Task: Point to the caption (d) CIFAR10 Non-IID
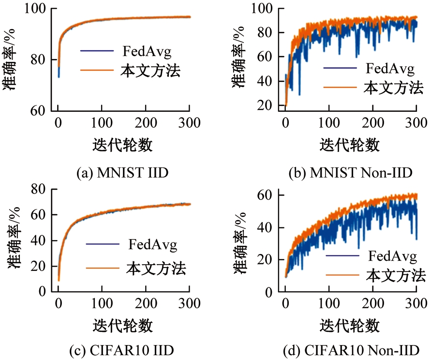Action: point(350,350)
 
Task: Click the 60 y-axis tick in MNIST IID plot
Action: point(39,111)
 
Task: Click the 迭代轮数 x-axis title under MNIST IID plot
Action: point(123,144)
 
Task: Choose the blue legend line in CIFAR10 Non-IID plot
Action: point(342,255)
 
